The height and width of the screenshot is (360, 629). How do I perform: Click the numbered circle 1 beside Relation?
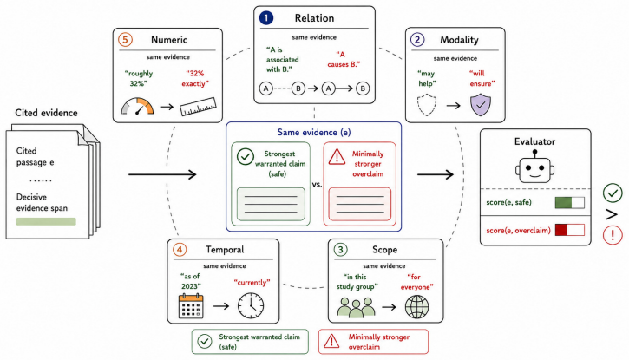pos(266,18)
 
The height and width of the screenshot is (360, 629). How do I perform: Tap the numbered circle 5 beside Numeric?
pos(125,40)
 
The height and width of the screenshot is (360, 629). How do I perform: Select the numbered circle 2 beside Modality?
pos(417,40)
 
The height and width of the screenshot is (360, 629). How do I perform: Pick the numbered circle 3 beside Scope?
pos(341,249)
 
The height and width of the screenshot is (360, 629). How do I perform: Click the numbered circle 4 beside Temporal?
pos(180,249)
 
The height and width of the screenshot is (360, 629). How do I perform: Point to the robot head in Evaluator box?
pos(534,167)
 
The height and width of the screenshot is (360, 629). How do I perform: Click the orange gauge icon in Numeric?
pos(137,106)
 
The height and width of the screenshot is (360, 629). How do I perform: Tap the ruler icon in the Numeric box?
pos(198,107)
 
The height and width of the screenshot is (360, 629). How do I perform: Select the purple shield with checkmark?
pos(481,105)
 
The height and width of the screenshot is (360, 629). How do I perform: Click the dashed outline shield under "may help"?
pos(427,105)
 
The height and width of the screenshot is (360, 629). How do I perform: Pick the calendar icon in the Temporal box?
pos(191,306)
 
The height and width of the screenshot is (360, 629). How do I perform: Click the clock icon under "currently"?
pos(251,306)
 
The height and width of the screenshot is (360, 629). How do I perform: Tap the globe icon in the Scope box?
pos(416,307)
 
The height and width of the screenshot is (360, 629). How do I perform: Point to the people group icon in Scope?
pos(356,308)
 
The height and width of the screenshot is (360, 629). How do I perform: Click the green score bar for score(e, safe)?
pos(570,202)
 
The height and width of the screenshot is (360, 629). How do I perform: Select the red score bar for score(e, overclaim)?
pos(570,230)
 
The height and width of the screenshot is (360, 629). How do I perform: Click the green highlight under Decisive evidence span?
pos(46,221)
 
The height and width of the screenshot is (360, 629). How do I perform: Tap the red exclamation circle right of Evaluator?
pos(613,235)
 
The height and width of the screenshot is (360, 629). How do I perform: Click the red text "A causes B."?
pos(344,59)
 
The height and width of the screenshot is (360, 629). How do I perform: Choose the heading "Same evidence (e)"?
pos(314,133)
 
